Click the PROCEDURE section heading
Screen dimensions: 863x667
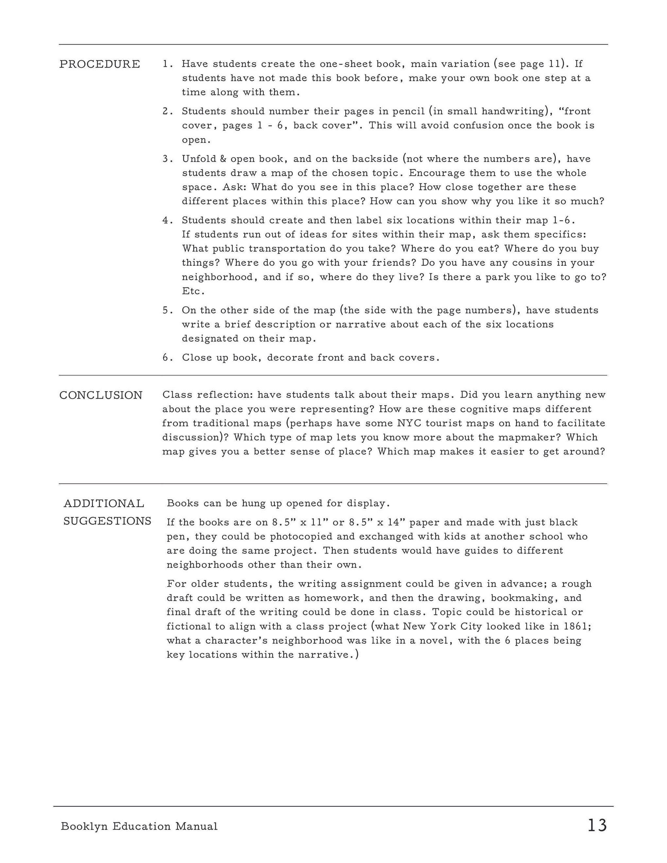(100, 64)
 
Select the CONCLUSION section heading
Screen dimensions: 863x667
(101, 395)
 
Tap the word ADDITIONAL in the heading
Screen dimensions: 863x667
(104, 503)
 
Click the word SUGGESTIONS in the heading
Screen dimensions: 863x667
(108, 521)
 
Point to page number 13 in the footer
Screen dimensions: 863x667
(597, 825)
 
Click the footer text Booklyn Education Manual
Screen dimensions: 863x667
(139, 826)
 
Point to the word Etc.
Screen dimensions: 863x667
(193, 292)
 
